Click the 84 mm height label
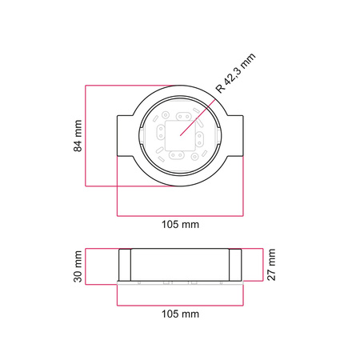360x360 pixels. [78, 136]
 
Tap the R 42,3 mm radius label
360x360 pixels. [235, 73]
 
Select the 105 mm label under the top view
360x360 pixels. [180, 225]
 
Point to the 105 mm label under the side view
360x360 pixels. [180, 314]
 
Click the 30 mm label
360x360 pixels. [78, 266]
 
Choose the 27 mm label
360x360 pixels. [271, 265]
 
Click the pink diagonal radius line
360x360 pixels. [198, 118]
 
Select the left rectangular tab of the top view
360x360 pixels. [126, 136]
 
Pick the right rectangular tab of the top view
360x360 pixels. [235, 136]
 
